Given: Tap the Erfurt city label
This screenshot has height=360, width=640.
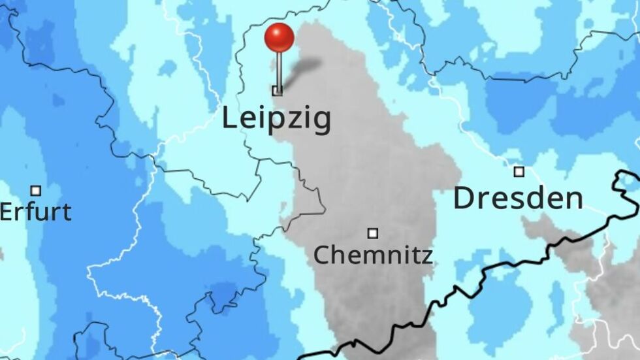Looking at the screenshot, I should (35, 212).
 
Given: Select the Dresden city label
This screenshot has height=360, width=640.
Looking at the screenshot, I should (518, 197).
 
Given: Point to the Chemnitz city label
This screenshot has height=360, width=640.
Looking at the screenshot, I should (373, 254).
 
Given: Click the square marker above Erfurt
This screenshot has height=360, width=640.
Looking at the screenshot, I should (36, 191).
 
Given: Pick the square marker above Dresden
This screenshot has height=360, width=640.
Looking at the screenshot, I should (519, 172).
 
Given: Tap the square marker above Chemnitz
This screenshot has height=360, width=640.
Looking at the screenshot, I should (373, 233).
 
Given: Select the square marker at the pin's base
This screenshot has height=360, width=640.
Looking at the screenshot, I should (278, 91).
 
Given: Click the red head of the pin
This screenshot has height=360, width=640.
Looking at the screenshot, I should (280, 38).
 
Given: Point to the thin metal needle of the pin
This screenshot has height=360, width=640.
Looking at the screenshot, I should (279, 69).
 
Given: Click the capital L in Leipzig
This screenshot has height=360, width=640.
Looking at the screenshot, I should (229, 118).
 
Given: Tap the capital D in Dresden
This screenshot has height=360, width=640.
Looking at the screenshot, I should (464, 197).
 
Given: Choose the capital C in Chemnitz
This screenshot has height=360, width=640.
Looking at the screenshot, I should (320, 254).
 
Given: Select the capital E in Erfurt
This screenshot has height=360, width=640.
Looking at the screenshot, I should (7, 212).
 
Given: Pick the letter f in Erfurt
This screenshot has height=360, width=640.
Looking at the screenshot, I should (33, 211).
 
